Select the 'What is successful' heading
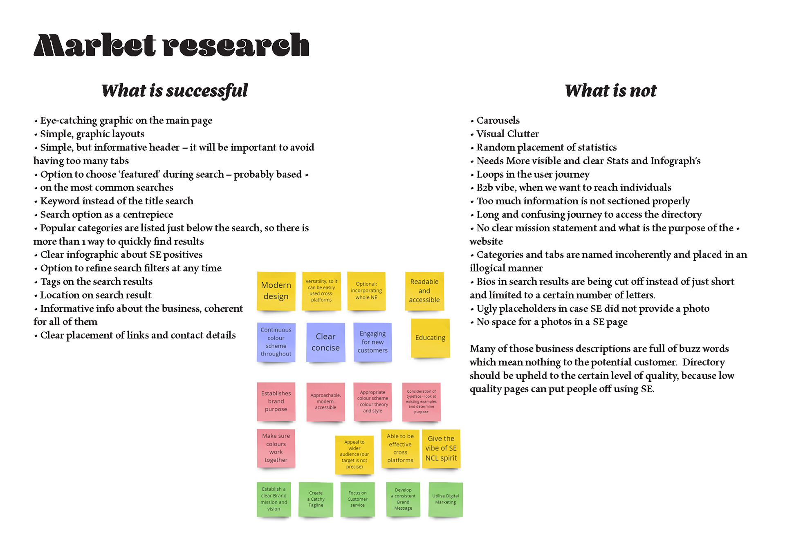pos(175,91)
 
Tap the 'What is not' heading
pos(610,91)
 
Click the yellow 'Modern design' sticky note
pos(276,291)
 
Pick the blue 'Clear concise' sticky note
pos(325,342)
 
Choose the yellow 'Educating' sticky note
pos(430,338)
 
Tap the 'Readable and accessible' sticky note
pos(424,291)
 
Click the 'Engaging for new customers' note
pos(372,342)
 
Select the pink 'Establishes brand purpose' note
pos(276,401)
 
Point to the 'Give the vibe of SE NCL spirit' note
pos(441,448)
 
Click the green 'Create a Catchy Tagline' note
pos(316,499)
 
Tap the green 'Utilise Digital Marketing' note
pos(445,499)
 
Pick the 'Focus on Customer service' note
pos(357,499)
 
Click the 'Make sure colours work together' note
pos(276,448)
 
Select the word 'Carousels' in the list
pos(498,121)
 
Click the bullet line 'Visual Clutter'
pos(507,134)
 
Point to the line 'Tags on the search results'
pos(96,282)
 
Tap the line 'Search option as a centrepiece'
pos(106,215)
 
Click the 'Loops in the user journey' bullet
pos(533,175)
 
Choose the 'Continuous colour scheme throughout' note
pos(276,342)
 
